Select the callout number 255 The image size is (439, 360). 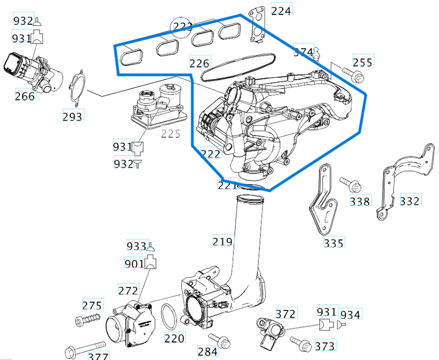coord(362,62)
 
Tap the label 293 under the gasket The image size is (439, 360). coord(72,116)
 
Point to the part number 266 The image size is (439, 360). coord(25,96)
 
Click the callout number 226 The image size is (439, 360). coord(199,63)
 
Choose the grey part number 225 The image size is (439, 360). coord(170,134)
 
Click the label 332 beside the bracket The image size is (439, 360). coord(410,200)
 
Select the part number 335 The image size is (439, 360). coord(334,242)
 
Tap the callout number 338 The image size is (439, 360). coord(360,201)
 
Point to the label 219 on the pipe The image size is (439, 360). coord(223,241)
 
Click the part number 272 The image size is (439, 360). coord(128,291)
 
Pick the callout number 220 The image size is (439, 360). coord(174,339)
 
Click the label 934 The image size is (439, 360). coord(351,314)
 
